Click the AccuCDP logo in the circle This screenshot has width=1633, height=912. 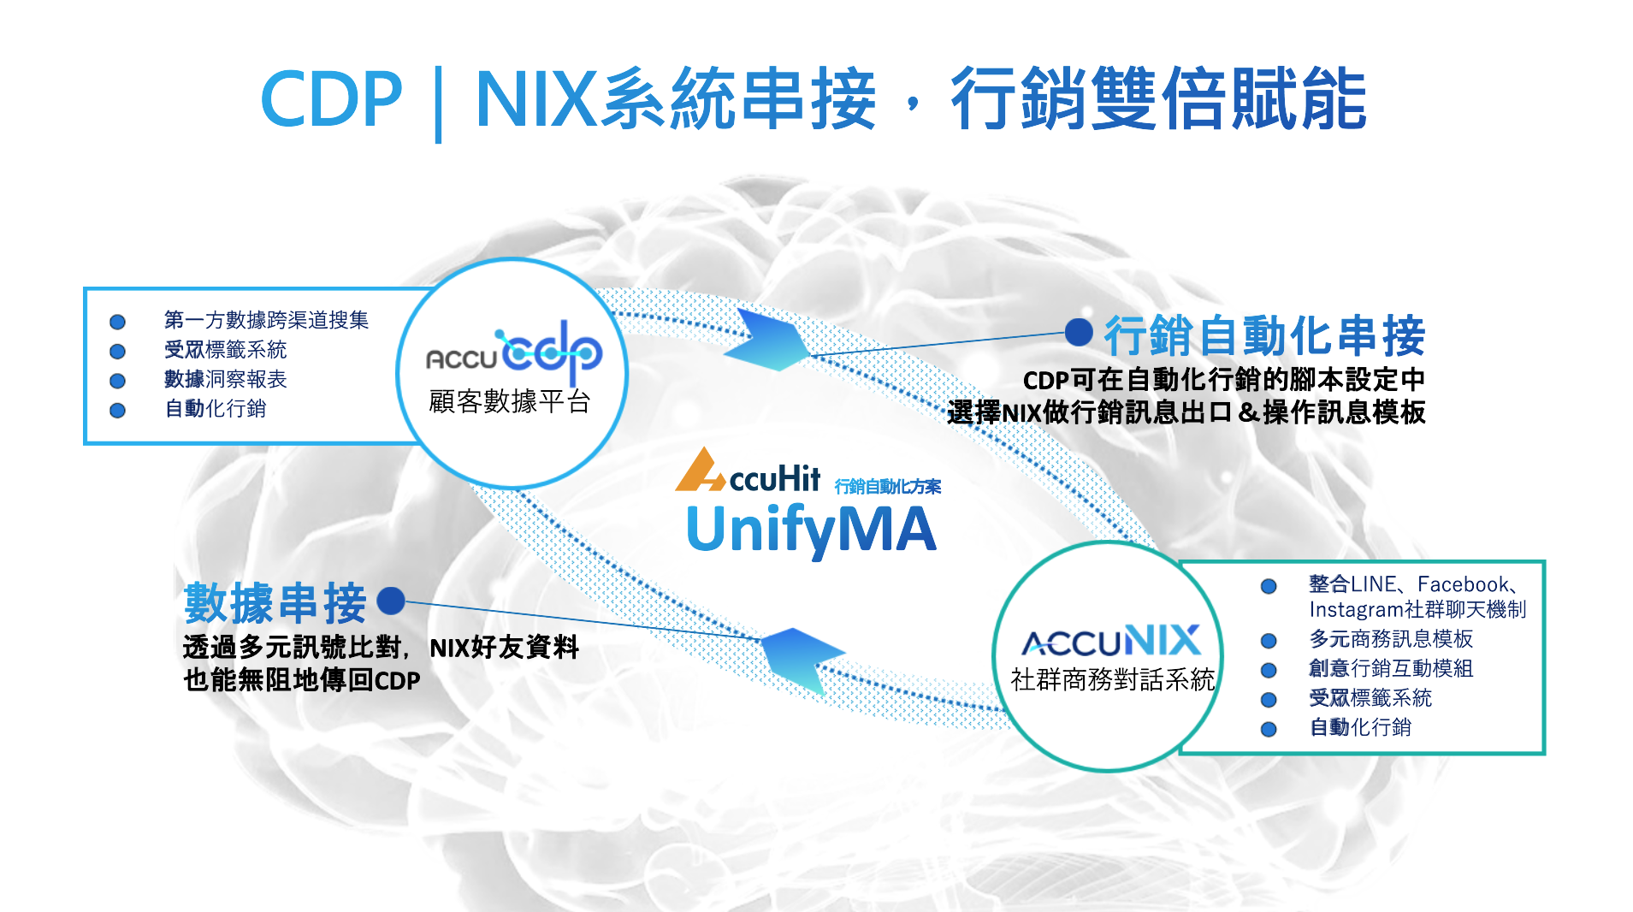point(514,352)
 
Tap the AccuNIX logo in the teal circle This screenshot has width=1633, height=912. point(1111,641)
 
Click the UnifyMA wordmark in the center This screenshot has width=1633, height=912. point(811,529)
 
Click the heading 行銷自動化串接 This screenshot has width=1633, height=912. point(1264,335)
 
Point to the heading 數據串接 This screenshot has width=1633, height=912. point(275,602)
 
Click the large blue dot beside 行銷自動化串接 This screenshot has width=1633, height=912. point(1080,332)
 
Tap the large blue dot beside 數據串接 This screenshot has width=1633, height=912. point(391,601)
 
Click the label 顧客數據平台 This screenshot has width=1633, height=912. point(510,401)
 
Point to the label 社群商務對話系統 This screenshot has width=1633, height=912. point(1112,679)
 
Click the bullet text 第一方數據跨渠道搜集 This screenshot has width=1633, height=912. point(266,320)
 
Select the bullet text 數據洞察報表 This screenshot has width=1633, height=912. point(226,379)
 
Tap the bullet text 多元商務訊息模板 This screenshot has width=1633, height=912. point(1391,639)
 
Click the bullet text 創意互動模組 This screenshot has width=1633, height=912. point(1391,668)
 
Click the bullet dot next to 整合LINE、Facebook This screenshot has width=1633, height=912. point(1269,586)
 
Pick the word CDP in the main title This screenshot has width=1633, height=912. point(330,100)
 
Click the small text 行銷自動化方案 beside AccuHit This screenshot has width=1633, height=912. point(887,486)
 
